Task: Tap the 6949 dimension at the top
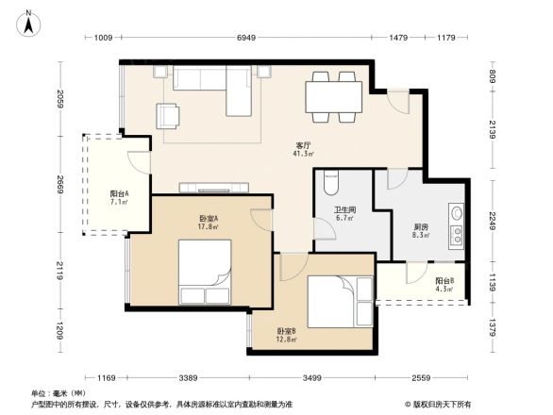(x=246, y=39)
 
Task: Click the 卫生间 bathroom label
(x=344, y=210)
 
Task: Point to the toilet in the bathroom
(x=330, y=179)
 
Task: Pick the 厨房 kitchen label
(x=422, y=226)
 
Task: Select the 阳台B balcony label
(x=444, y=280)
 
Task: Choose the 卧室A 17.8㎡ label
(x=209, y=223)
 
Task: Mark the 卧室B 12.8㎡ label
(x=287, y=336)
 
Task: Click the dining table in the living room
(x=333, y=97)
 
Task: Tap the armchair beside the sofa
(x=169, y=115)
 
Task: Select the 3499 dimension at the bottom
(x=311, y=377)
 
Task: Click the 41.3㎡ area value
(x=303, y=155)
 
